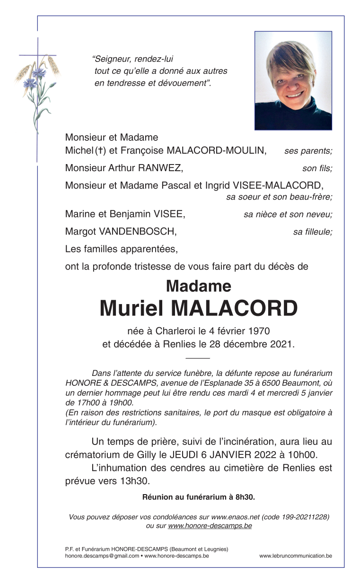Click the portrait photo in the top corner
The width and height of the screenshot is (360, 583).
[x=293, y=80]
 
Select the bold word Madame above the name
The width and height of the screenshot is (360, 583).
[x=199, y=286]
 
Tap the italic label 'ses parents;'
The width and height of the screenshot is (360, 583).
[x=308, y=151]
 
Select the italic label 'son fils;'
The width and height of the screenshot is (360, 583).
[x=317, y=168]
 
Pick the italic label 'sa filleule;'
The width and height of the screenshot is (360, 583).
[x=312, y=232]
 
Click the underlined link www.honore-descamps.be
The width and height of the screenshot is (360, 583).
[x=210, y=525]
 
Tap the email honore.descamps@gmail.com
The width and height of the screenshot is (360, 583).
[x=102, y=556]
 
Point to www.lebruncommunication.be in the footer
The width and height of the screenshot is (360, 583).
[x=295, y=556]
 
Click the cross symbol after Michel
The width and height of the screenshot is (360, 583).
[x=100, y=151]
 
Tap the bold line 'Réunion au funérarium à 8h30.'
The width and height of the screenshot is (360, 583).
[x=199, y=497]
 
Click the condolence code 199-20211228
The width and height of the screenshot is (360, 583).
[x=304, y=517]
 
